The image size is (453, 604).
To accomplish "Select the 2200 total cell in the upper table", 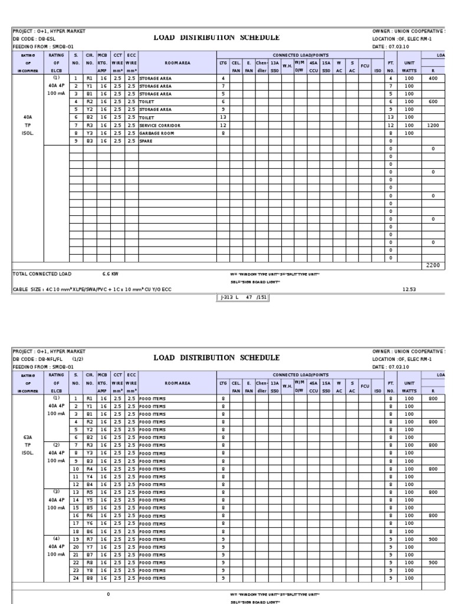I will [x=434, y=265].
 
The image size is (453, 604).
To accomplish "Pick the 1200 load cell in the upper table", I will [x=434, y=125].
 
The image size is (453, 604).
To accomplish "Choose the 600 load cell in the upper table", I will [x=434, y=101].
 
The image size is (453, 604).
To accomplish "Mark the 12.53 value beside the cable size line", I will [x=409, y=290].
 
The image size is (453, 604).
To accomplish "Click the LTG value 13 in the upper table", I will [x=224, y=117].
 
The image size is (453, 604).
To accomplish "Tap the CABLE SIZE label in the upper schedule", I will [x=26, y=290].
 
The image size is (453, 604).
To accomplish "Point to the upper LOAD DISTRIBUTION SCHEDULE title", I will [x=216, y=38].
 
